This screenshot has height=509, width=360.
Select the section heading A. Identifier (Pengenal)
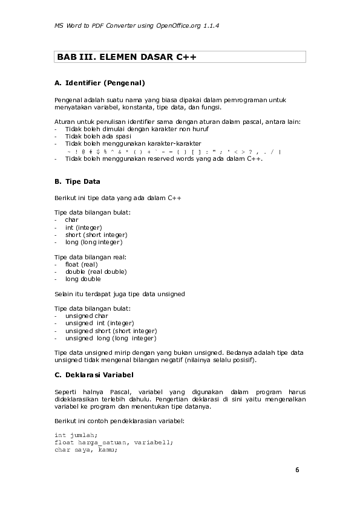[100, 82]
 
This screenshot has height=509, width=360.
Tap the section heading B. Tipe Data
[77, 181]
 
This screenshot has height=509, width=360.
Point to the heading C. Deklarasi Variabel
[94, 375]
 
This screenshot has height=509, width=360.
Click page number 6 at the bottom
[297, 470]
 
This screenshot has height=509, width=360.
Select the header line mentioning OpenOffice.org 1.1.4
[136, 26]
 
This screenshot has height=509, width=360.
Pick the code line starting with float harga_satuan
[114, 442]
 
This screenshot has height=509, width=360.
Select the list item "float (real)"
[81, 264]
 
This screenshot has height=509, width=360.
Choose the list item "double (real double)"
[96, 272]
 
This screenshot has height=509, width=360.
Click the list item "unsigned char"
[87, 316]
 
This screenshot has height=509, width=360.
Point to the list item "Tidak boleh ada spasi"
[98, 136]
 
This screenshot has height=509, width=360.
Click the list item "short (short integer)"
[96, 235]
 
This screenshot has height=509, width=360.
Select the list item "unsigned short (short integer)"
[111, 331]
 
